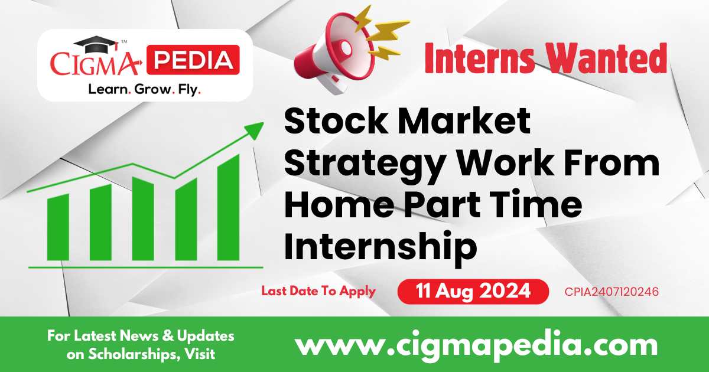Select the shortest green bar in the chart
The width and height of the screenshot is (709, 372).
click(x=58, y=227)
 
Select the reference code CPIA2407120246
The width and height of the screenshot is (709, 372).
click(x=612, y=292)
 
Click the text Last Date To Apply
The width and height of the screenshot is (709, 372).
click(x=318, y=291)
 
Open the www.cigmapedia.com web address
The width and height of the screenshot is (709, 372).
click(x=476, y=344)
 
